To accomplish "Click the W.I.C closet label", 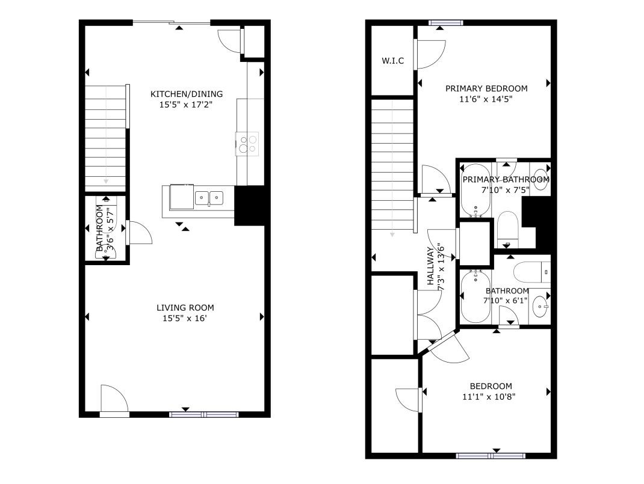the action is tap(392, 61).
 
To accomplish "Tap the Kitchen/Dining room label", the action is tap(187, 94).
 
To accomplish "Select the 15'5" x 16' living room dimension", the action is tap(184, 318).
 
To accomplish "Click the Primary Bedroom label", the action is tap(486, 88).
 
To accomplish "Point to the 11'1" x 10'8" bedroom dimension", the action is tap(489, 397).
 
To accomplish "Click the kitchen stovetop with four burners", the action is tap(247, 144).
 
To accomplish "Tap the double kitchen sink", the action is tap(209, 198).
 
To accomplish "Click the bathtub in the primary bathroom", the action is tap(475, 191).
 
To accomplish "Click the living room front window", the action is tap(203, 415).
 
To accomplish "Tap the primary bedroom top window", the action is tap(445, 23).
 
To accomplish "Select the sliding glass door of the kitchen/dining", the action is tap(172, 22).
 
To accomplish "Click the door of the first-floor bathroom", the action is tap(139, 233).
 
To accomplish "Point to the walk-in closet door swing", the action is tap(432, 54).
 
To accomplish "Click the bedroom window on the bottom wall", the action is tap(491, 456).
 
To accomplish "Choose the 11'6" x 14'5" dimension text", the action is tap(486, 99).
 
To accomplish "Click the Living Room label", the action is tap(185, 308).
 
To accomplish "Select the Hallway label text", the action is tap(430, 266).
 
